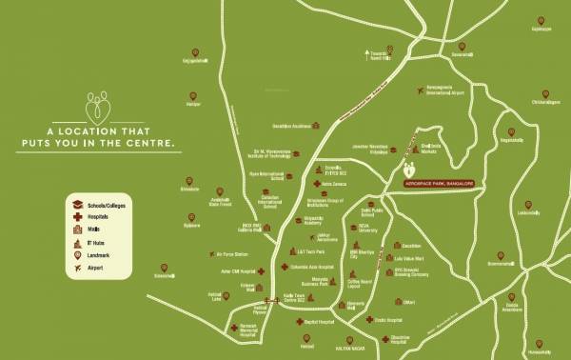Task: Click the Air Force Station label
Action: pos(233,254)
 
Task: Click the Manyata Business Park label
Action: pos(315,281)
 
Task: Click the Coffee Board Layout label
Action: pos(359,283)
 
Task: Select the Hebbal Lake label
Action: pos(215,296)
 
